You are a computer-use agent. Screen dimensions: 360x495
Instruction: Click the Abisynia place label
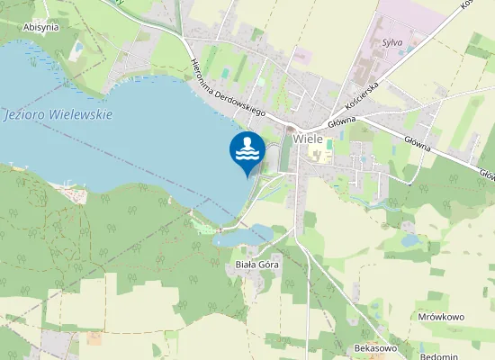click(x=40, y=27)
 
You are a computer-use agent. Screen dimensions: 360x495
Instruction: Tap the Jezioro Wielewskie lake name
click(x=58, y=115)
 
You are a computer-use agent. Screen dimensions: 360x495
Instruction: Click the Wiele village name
click(x=308, y=139)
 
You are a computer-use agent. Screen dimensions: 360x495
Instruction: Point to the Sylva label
click(x=391, y=42)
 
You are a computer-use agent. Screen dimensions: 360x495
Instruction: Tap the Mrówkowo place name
click(x=441, y=317)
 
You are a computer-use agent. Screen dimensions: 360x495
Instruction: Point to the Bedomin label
click(x=440, y=357)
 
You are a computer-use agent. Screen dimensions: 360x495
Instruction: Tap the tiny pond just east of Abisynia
click(x=78, y=46)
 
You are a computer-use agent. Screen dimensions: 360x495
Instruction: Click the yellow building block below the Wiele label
click(x=319, y=156)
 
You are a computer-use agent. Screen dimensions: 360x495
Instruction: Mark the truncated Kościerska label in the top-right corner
click(x=468, y=4)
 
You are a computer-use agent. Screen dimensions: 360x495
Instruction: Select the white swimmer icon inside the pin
click(x=247, y=147)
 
